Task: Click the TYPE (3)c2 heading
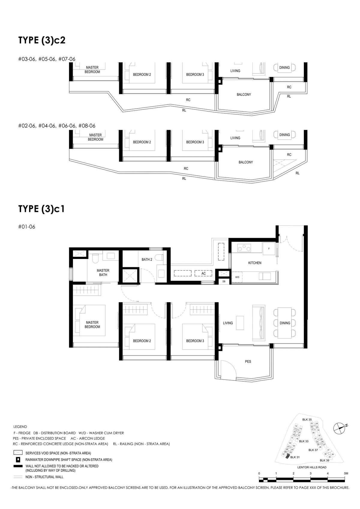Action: point(42,40)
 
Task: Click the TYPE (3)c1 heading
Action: point(41,209)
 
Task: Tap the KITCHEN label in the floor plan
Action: point(255,263)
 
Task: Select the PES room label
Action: point(248,362)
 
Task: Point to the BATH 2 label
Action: point(147,259)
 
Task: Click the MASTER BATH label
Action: point(103,272)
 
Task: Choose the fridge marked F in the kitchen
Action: point(269,249)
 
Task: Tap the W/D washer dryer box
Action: point(237,277)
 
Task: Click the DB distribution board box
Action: point(224,281)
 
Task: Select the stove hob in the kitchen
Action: point(244,248)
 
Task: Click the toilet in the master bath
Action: point(95,259)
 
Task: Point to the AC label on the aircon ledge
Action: point(203,273)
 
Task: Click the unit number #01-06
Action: point(27,227)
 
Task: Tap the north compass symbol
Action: point(339,428)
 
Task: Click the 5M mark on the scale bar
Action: point(346,473)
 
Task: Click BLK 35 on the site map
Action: point(307,420)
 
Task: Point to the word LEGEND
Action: point(20,427)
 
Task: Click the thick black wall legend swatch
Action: point(18,466)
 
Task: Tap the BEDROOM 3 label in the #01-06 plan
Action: point(195,341)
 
